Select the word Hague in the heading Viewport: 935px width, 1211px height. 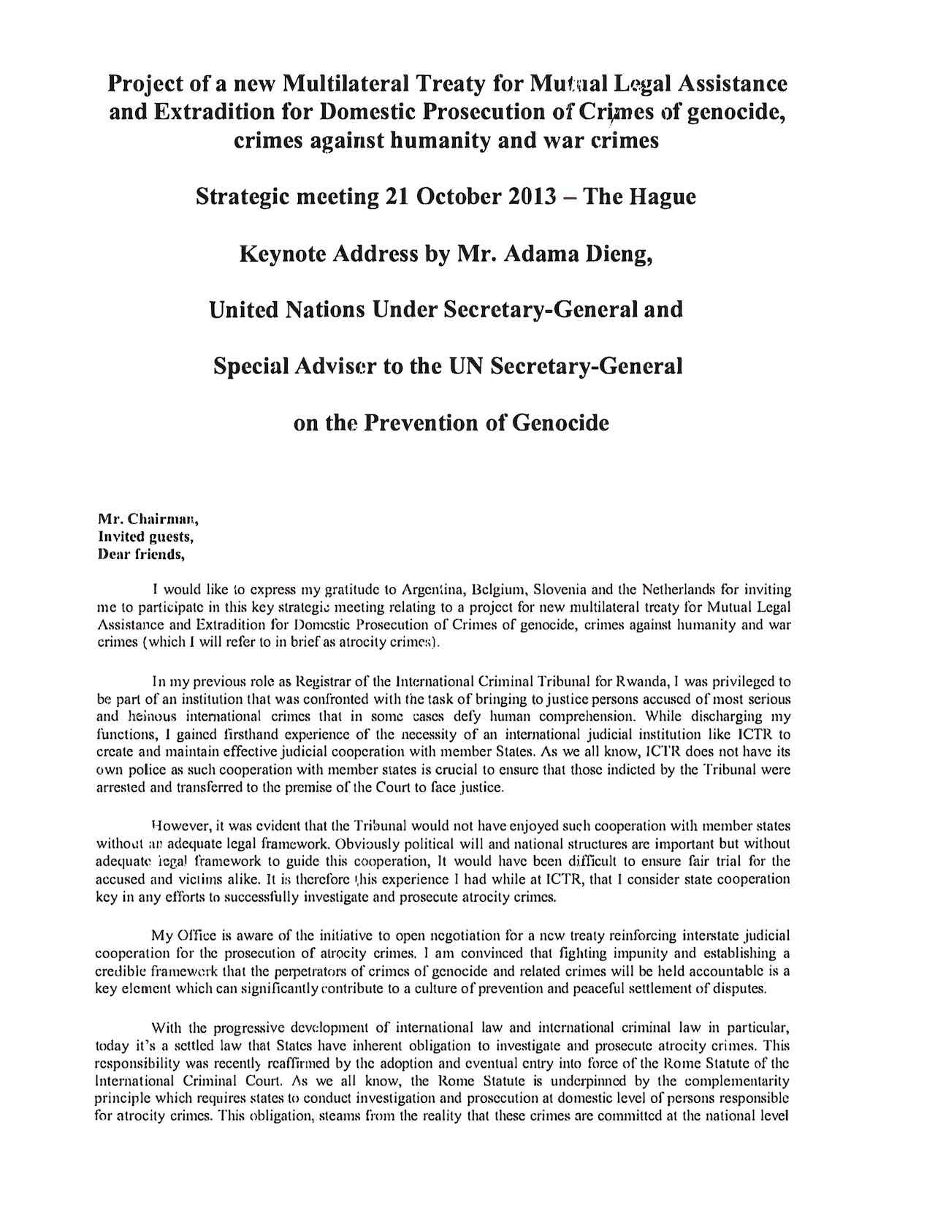(662, 197)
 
